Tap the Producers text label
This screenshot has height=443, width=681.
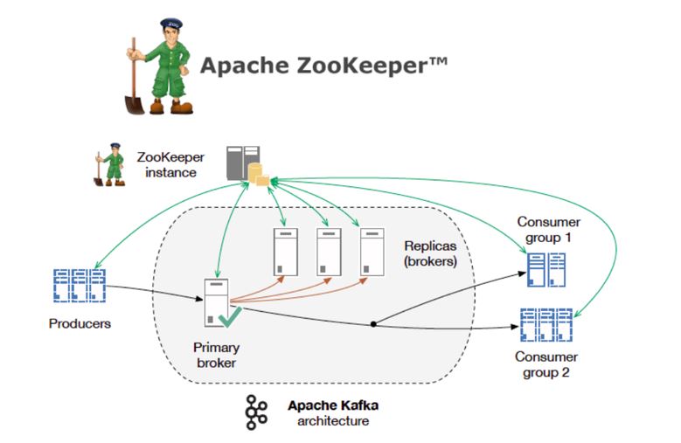79,323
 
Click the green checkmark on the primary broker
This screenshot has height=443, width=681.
231,315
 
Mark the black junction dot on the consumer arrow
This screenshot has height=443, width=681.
373,324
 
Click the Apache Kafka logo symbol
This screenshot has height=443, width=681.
256,412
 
